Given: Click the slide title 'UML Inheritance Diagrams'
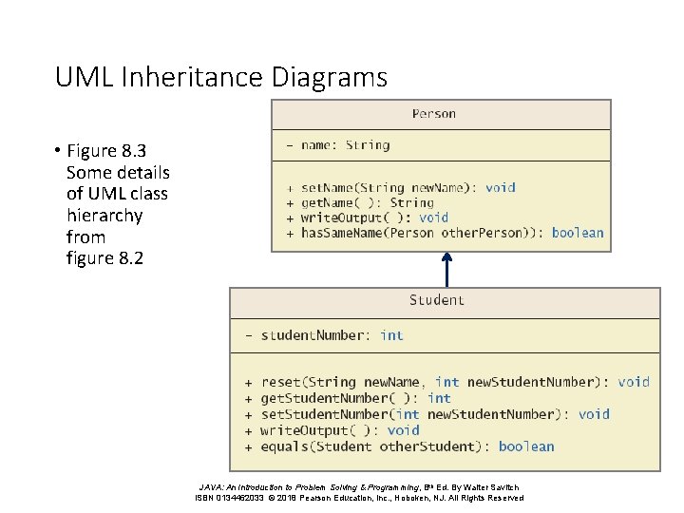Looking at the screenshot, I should (221, 76).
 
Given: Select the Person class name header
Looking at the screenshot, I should (433, 114).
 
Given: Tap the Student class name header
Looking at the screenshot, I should (437, 300).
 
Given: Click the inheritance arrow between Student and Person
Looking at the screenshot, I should (446, 268).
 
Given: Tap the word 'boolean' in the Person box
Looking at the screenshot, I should (578, 233).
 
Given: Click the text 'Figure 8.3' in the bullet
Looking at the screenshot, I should (106, 151).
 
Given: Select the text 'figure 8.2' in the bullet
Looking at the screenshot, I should (104, 257).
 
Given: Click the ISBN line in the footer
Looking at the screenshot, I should (358, 498).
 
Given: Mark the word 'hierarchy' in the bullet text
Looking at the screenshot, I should (104, 216).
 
